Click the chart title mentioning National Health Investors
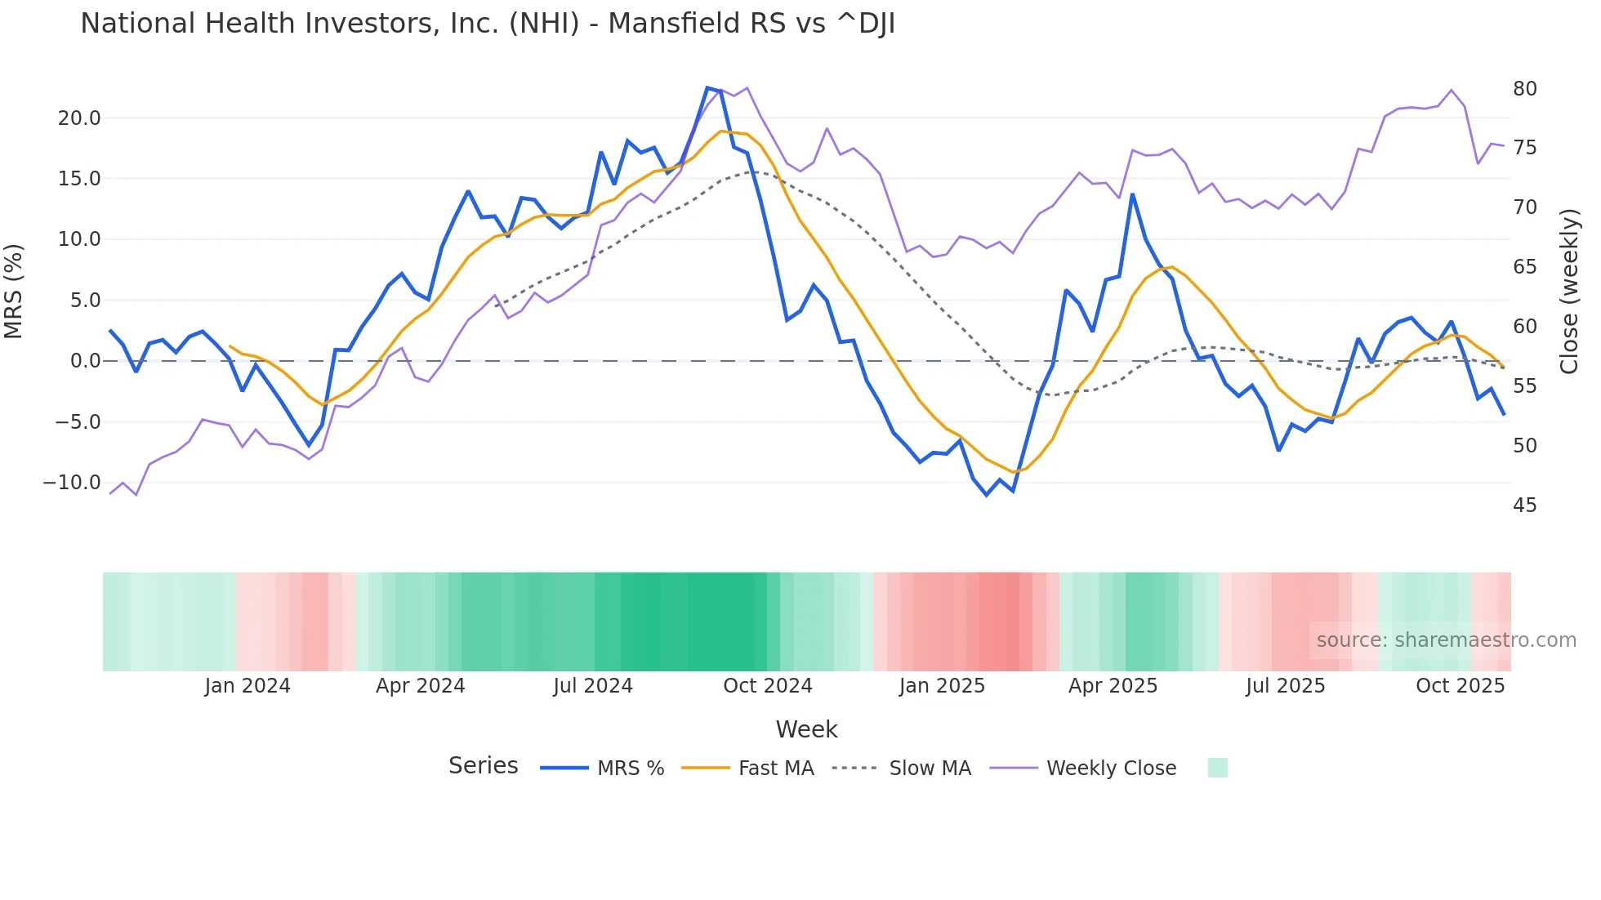[x=488, y=24]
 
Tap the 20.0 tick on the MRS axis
[x=79, y=118]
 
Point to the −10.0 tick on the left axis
[x=72, y=483]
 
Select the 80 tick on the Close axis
[x=1524, y=89]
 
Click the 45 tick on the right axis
[x=1524, y=506]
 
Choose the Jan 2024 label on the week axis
[x=248, y=686]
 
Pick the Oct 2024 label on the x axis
[x=767, y=686]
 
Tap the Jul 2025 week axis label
[x=1285, y=686]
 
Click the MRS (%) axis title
[x=14, y=292]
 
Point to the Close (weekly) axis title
[x=1568, y=292]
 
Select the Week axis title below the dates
[x=806, y=729]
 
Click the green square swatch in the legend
[x=1217, y=768]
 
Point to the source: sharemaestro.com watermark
[x=1446, y=640]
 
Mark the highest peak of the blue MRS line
[x=707, y=87]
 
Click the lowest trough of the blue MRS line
[x=987, y=495]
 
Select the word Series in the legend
[x=483, y=766]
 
